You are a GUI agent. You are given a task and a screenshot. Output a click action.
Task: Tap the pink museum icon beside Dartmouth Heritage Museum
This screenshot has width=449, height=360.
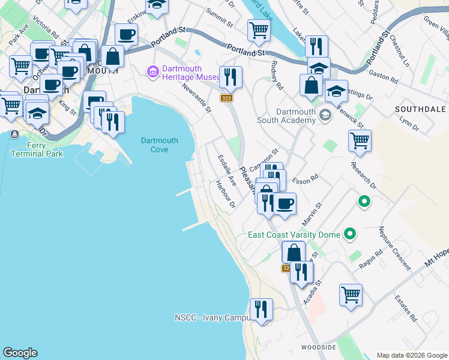[x=152, y=73]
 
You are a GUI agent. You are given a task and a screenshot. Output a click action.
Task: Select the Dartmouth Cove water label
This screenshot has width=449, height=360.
[x=159, y=145]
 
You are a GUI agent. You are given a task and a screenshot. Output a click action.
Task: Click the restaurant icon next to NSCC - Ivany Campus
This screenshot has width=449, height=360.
[x=261, y=310]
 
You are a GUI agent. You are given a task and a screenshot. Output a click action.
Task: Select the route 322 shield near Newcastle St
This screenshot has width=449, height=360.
[x=226, y=98]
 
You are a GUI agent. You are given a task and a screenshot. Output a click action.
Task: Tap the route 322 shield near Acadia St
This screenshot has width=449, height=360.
[x=286, y=269]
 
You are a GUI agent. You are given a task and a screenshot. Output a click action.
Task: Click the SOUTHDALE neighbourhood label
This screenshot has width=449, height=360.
[x=420, y=109]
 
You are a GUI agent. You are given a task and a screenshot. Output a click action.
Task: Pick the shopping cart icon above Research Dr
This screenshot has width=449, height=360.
[x=360, y=141]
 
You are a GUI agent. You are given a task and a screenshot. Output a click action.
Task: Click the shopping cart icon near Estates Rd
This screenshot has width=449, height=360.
[x=351, y=295]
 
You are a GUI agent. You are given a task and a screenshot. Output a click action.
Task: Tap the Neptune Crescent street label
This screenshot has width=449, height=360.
[x=394, y=247]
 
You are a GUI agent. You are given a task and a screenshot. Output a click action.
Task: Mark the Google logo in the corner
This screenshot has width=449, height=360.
[x=20, y=353]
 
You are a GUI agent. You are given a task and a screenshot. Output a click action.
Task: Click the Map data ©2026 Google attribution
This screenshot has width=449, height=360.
[x=411, y=355]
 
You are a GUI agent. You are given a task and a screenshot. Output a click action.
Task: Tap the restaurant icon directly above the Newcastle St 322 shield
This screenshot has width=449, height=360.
[x=231, y=77]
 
